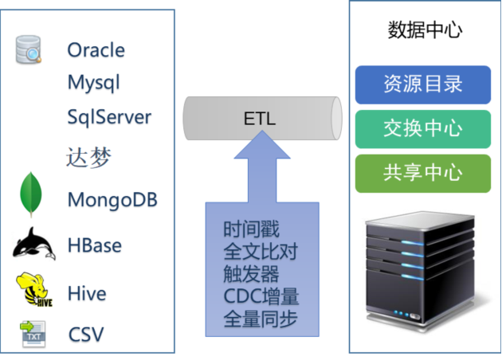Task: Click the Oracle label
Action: (x=96, y=50)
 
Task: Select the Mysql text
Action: (x=94, y=83)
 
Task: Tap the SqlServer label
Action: (x=109, y=117)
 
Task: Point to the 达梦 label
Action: (x=88, y=157)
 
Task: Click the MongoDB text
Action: (x=112, y=201)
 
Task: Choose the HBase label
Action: (x=95, y=245)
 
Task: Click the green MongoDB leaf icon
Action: (x=31, y=194)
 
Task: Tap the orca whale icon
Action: (x=34, y=244)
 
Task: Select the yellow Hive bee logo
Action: (x=34, y=289)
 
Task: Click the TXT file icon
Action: (x=33, y=334)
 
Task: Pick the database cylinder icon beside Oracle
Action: (x=28, y=49)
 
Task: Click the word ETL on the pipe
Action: (x=259, y=119)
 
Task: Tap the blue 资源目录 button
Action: (x=423, y=84)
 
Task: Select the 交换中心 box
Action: (x=423, y=129)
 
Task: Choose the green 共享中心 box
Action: (x=423, y=174)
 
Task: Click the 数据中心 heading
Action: (x=425, y=30)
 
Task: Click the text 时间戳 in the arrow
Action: (x=251, y=229)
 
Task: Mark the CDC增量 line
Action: (x=261, y=296)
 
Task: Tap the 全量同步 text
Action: (x=261, y=319)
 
